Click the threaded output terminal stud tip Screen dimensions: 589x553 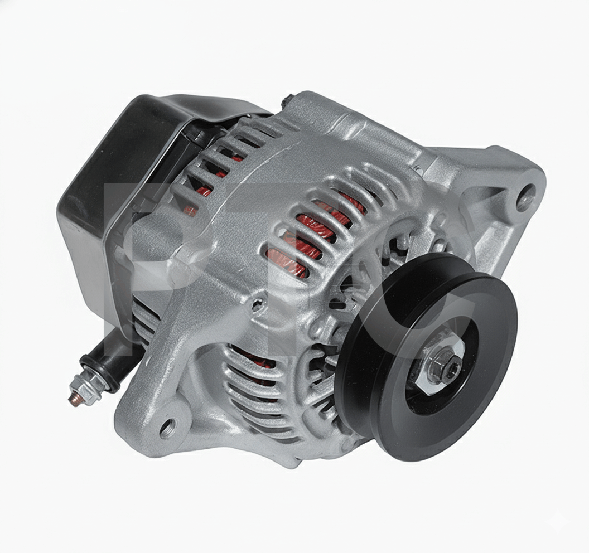coord(72,399)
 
